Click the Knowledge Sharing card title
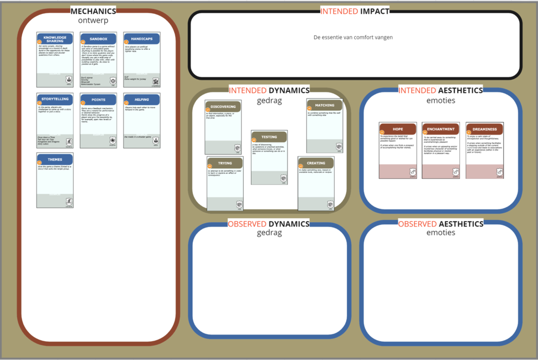[55, 39]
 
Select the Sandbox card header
[99, 39]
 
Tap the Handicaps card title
[142, 39]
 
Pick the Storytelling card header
[55, 100]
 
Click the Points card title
[99, 100]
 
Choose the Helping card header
[142, 100]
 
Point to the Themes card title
[55, 160]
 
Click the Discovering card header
[223, 106]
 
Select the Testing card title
[269, 137]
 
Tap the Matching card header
[325, 105]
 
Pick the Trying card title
[225, 163]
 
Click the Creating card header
[316, 163]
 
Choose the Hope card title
[398, 129]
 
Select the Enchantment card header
[441, 129]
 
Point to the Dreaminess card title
[485, 129]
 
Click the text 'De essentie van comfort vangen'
[353, 38]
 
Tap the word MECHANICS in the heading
[93, 11]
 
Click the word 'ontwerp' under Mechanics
[93, 20]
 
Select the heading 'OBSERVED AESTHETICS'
[440, 224]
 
